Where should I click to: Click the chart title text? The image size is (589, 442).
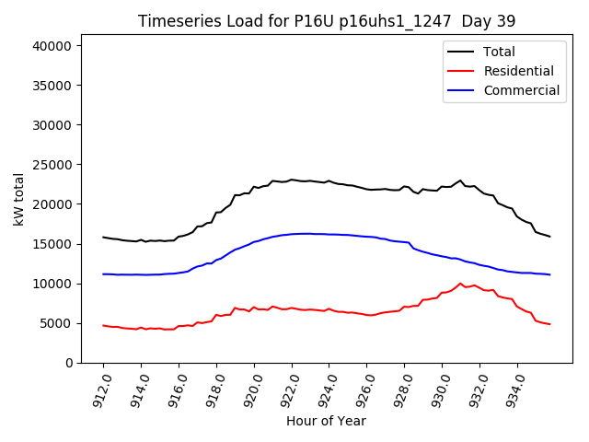point(327,21)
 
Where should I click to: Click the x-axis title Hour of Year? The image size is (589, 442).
point(326,421)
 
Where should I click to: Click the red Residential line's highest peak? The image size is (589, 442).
point(460,284)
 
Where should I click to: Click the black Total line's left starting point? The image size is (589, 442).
point(103,238)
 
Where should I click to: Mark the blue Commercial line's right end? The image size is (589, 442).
point(549,274)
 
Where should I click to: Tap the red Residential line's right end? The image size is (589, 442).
point(549,324)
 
